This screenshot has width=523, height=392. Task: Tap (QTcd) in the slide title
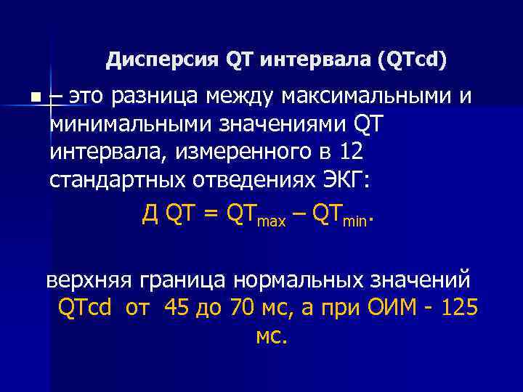pos(413,60)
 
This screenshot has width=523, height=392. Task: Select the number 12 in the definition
pos(346,152)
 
